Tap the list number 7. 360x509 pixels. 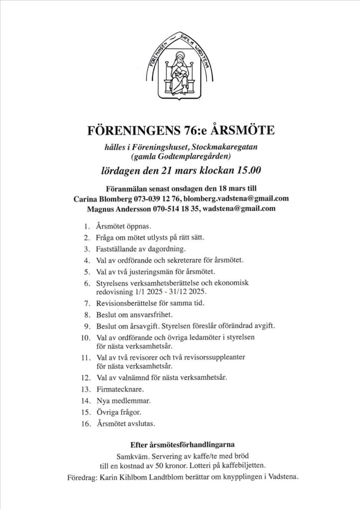point(86,303)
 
